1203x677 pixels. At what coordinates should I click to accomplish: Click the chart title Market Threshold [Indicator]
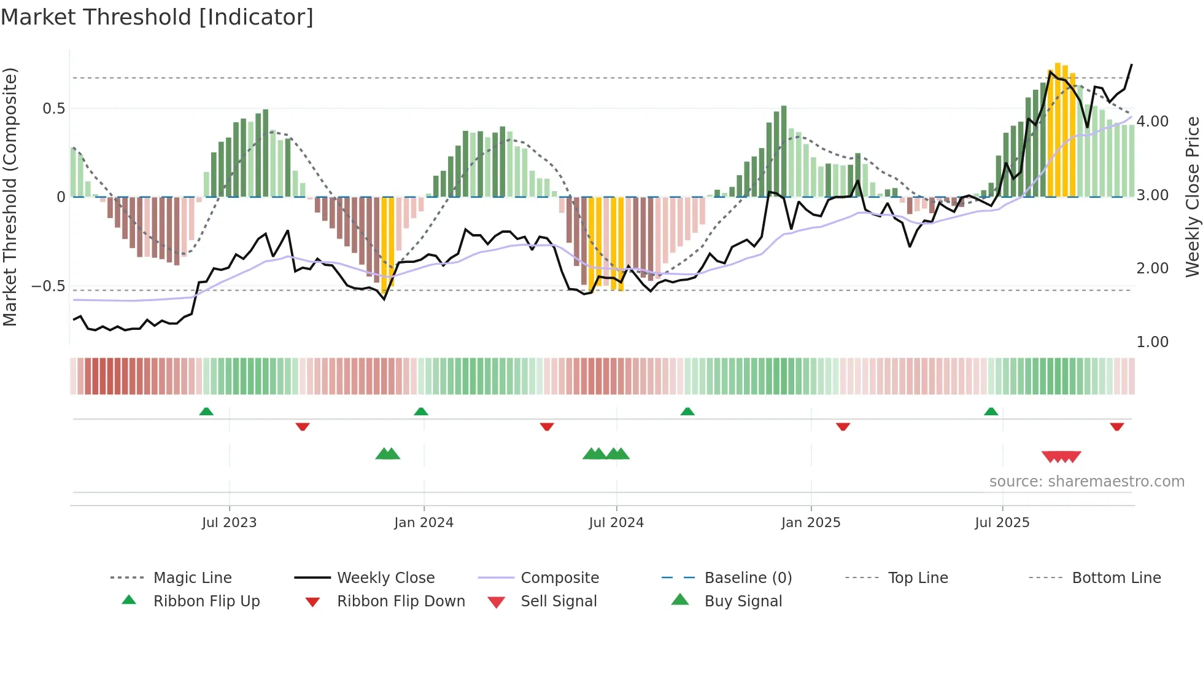(157, 17)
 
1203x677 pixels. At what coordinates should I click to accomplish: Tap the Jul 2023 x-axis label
(229, 523)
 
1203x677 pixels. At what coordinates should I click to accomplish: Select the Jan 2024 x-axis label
(424, 523)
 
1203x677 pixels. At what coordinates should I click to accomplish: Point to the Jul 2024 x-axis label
(616, 523)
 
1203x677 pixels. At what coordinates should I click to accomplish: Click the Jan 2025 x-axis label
(811, 523)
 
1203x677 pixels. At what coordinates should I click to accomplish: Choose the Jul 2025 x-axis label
(1002, 523)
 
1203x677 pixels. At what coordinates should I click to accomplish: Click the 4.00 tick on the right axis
(1152, 122)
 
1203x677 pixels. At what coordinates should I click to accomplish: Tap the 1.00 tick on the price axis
(1152, 342)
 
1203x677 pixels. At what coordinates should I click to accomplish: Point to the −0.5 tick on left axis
(48, 286)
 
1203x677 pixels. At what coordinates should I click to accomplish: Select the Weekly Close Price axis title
(1192, 197)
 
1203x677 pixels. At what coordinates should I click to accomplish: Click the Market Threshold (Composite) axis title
(10, 197)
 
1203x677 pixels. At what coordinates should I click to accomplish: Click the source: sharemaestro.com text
(1086, 482)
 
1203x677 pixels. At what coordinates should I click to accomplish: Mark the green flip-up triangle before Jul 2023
(206, 412)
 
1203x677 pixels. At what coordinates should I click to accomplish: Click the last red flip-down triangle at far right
(1116, 426)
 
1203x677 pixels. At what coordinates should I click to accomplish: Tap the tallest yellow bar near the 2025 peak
(1058, 129)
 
